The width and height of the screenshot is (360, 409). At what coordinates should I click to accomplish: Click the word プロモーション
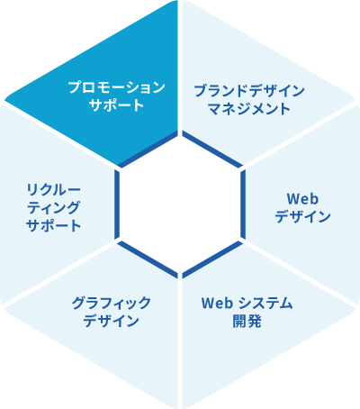[x=117, y=87]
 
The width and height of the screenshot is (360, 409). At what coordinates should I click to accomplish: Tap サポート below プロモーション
[x=117, y=105]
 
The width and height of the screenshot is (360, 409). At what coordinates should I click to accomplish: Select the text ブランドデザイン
[x=249, y=91]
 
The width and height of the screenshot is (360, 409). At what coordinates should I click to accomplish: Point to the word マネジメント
[x=249, y=108]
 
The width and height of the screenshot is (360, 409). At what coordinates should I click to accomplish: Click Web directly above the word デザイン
[x=302, y=199]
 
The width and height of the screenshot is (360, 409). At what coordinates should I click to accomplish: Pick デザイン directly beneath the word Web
[x=302, y=216]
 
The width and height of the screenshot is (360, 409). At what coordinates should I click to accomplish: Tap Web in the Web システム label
[x=217, y=304]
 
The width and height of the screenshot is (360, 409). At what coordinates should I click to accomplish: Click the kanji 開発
[x=247, y=322]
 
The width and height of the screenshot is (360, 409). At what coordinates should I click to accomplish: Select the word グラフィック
[x=111, y=303]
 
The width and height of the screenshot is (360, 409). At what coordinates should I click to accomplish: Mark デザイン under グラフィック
[x=111, y=321]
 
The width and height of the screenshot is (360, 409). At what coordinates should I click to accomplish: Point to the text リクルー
[x=54, y=190]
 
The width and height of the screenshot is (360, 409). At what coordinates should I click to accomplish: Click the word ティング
[x=54, y=207]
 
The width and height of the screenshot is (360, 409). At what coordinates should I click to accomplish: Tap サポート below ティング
[x=54, y=225]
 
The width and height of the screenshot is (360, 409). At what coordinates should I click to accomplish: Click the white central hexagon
[x=180, y=204]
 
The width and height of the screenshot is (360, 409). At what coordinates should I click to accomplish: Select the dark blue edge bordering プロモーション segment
[x=148, y=150]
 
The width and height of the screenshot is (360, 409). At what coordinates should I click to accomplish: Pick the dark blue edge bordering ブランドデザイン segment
[x=212, y=150]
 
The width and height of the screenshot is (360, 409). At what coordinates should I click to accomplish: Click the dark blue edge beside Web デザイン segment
[x=243, y=204]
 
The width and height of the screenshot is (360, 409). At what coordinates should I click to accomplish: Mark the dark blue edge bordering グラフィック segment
[x=148, y=259]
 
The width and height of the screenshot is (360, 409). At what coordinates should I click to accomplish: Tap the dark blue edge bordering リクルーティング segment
[x=117, y=204]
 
